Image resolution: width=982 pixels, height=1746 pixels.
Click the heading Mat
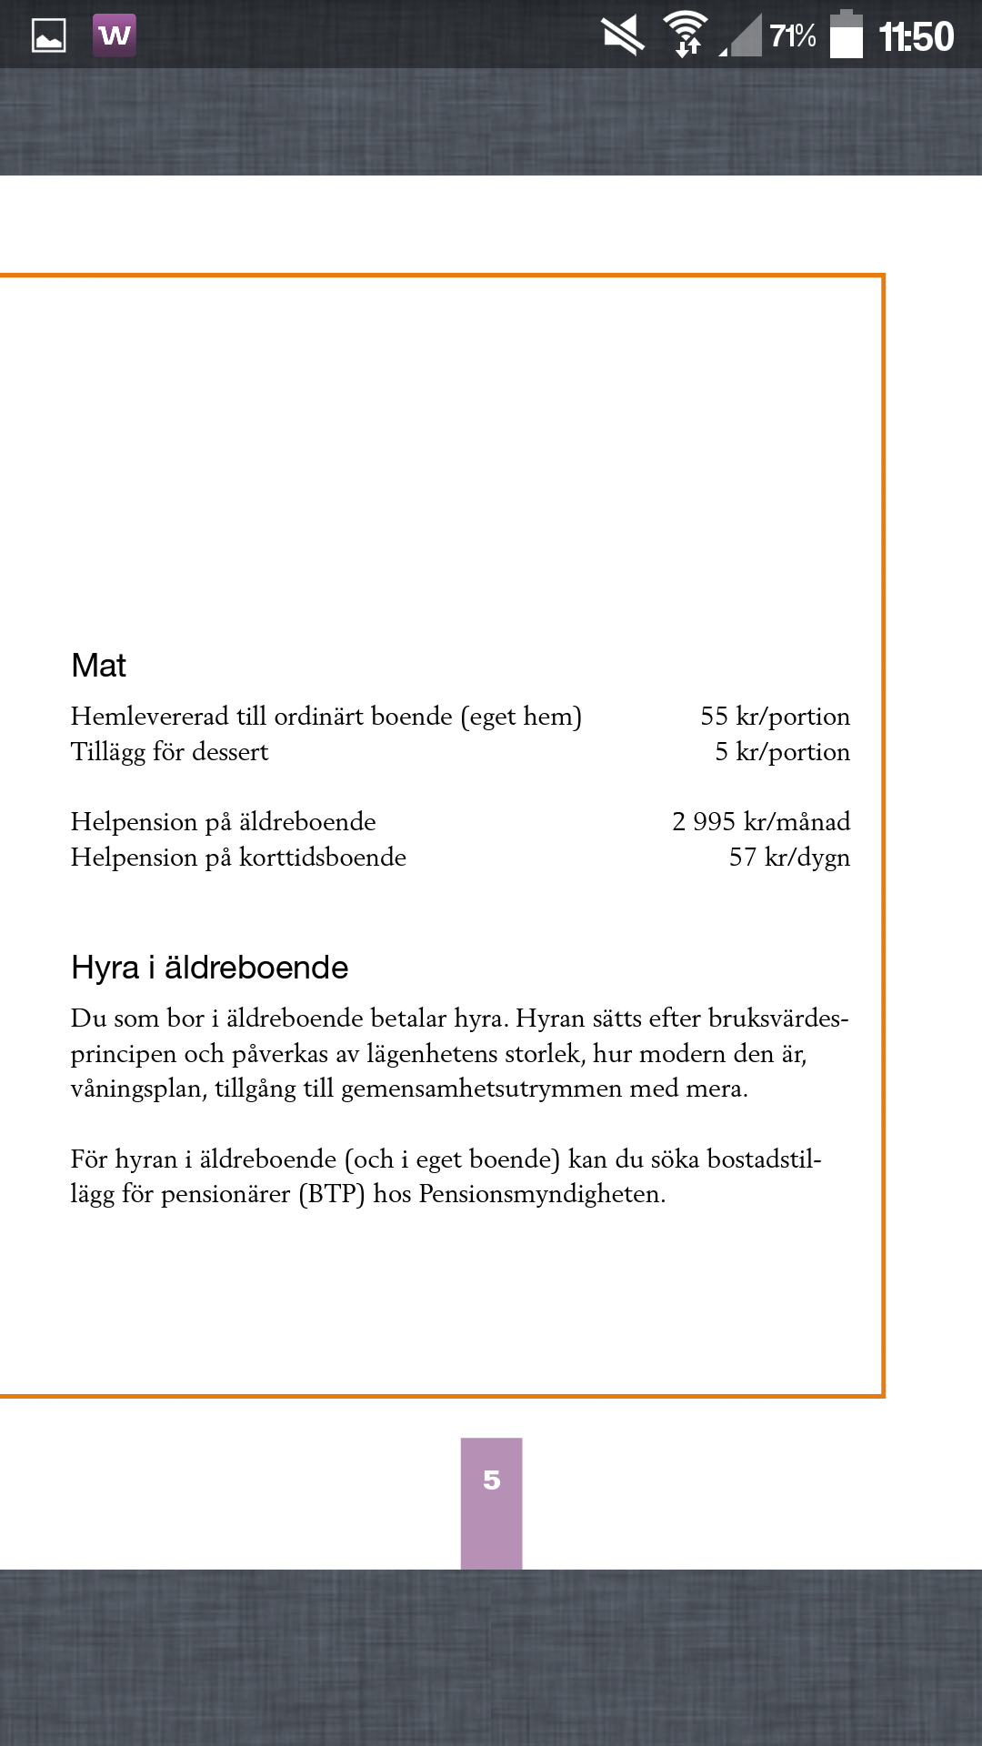coord(98,666)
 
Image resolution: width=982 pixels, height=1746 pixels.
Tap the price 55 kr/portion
coord(775,717)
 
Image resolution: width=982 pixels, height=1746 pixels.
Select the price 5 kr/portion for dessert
coord(782,752)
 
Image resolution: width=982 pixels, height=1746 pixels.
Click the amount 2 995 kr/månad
coord(761,822)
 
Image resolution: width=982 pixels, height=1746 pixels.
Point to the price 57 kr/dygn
coord(789,858)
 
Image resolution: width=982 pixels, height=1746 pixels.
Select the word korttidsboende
coord(322,858)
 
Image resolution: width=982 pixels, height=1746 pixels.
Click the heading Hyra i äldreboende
coord(209,968)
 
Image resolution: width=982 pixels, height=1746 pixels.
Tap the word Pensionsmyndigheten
coord(541,1194)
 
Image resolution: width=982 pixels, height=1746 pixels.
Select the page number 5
coord(491,1480)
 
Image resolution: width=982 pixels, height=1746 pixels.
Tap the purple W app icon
coord(115,35)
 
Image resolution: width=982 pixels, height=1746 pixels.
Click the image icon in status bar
coord(49,36)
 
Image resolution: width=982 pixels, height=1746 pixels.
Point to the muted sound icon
coord(623,36)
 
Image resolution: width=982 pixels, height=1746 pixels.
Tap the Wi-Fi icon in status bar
coord(686,35)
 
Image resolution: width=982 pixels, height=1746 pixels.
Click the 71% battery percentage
coord(792,36)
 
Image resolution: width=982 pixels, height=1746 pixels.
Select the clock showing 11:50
coord(916,36)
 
